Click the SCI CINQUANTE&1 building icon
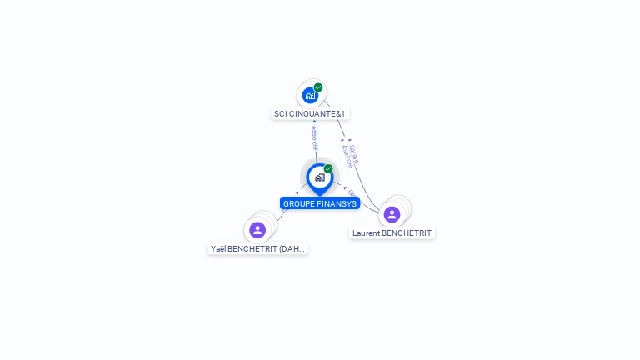point(310,95)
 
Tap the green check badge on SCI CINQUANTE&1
point(318,87)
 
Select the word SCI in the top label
point(281,114)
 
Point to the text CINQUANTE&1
point(317,114)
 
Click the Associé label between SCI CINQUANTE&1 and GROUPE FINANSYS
point(314,138)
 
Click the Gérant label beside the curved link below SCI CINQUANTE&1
point(354,152)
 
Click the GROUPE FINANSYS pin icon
point(319,177)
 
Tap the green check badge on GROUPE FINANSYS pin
point(328,169)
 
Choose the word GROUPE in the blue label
point(297,204)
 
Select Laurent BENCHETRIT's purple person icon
point(392,214)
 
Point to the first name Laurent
point(366,233)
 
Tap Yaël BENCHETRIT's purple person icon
point(257,230)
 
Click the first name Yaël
point(219,249)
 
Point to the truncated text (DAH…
point(292,249)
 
